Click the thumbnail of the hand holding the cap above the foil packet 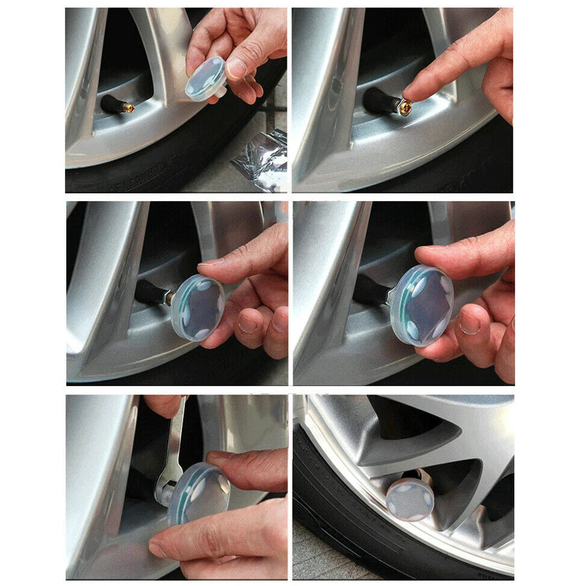coord(236,68)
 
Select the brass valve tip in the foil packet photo coord(128,108)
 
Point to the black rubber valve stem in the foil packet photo coord(111,104)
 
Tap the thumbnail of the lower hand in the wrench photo coord(157,549)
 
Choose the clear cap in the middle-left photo coord(197,308)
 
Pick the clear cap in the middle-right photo coord(421,305)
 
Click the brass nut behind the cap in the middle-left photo coord(169,298)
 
